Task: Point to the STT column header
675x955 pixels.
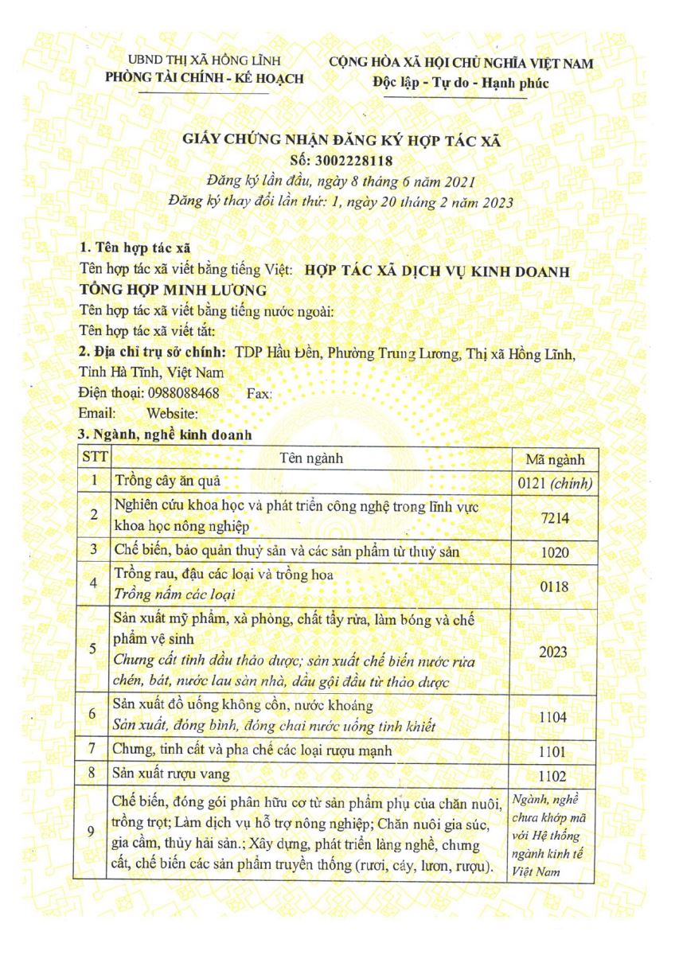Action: click(x=95, y=458)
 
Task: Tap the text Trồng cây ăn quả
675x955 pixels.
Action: click(x=167, y=481)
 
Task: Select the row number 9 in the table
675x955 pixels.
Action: click(x=94, y=832)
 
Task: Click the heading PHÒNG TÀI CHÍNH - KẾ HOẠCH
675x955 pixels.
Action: click(x=205, y=78)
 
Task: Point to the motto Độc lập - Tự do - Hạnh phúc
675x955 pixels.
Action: click(x=460, y=82)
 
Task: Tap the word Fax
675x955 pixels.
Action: click(x=259, y=394)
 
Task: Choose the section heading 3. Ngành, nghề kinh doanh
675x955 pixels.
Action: click(x=165, y=435)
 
